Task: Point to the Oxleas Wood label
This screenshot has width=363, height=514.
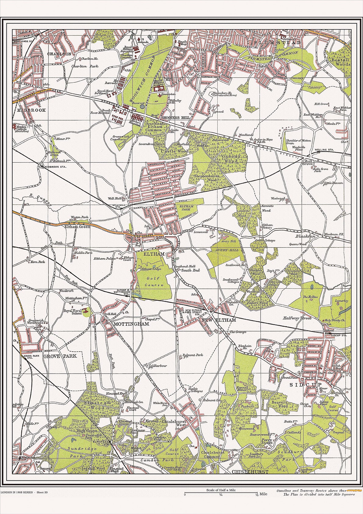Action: click(x=231, y=159)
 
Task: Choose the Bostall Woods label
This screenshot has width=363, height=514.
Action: click(x=341, y=62)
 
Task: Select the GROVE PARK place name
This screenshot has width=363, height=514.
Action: click(x=60, y=356)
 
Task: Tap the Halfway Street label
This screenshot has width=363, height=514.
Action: click(x=297, y=318)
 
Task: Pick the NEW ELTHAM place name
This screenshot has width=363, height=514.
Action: click(x=219, y=320)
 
